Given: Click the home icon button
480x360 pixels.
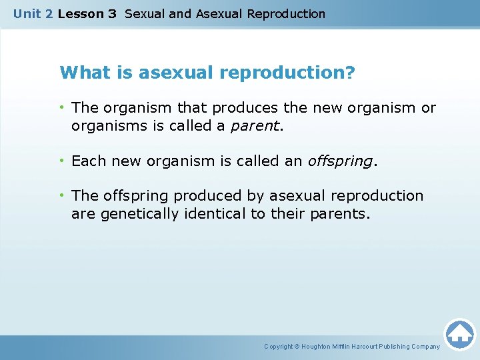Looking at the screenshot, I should tap(459, 333).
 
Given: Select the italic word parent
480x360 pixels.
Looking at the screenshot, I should tap(252, 126).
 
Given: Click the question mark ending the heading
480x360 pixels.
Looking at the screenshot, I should tap(351, 72).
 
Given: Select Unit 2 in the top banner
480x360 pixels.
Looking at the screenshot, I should tap(33, 13).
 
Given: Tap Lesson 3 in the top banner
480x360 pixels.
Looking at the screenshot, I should tap(87, 13).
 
